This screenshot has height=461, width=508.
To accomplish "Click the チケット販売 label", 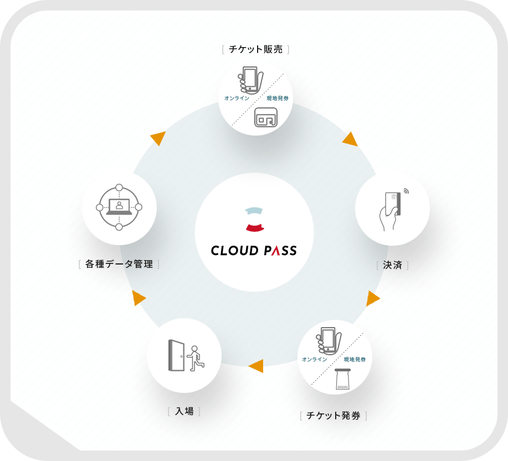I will coord(255,50).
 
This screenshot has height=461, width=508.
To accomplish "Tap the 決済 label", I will coord(392,265).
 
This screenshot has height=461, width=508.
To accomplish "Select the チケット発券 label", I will coord(333,416).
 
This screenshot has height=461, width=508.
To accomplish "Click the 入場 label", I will coord(184,411).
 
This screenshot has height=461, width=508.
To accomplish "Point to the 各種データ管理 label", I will coord(119,264).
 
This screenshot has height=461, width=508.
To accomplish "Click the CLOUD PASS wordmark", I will coord(254,251).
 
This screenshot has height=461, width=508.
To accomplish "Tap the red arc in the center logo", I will coord(254,226).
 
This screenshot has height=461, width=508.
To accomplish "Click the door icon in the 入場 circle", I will coord(176,355).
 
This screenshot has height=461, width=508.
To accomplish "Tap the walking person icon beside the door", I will coord(195,358).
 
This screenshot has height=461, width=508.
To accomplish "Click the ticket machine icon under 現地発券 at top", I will coord(265,118).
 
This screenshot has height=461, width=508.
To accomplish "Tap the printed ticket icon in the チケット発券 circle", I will coord(342,380).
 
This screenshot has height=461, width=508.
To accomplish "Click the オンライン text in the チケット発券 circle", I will coord(315,360).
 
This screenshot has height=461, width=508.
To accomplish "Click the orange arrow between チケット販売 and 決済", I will coord(350,139).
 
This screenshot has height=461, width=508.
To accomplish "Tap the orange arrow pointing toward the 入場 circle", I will coord(255,366).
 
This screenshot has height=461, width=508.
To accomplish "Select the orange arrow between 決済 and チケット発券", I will coord(372,299).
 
